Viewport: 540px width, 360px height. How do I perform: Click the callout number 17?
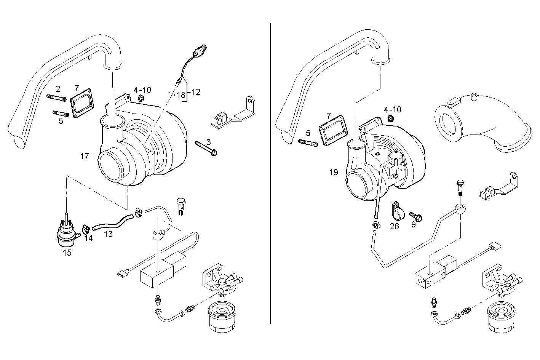tap(84, 156)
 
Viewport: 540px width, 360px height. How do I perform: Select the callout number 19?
tap(334, 173)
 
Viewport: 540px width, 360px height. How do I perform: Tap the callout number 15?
tap(67, 253)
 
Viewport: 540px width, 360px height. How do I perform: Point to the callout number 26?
tap(394, 227)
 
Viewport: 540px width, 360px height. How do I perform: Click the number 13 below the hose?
tap(108, 234)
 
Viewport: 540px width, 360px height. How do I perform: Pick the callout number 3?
tap(208, 142)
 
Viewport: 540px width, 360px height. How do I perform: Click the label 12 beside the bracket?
tap(196, 92)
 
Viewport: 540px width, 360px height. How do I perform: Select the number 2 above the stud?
tap(58, 89)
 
